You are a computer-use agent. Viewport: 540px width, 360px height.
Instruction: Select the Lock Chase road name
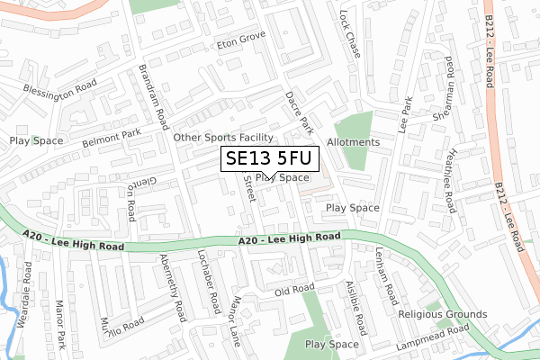click(x=350, y=34)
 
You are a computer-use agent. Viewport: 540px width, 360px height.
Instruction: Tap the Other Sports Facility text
click(x=223, y=138)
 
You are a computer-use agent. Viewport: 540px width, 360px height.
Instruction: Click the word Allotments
click(x=354, y=142)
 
